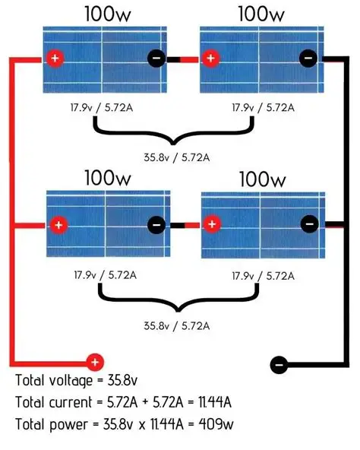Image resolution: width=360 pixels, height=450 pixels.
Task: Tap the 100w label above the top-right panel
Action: click(261, 14)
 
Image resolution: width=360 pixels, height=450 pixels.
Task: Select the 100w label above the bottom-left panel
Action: click(106, 179)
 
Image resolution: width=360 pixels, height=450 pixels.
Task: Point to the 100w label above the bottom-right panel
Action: click(262, 179)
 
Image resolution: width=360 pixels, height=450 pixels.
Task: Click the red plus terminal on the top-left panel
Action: click(54, 59)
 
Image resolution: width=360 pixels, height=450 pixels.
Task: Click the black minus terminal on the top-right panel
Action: click(308, 59)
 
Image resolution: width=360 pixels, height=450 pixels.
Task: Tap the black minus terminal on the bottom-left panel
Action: click(156, 225)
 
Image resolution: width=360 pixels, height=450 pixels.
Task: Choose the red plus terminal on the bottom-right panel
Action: click(212, 225)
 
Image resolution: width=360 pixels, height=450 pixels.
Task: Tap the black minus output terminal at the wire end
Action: click(279, 364)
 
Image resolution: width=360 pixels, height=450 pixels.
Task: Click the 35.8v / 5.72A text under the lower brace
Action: click(177, 325)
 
